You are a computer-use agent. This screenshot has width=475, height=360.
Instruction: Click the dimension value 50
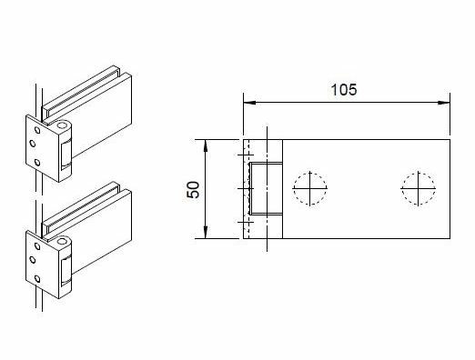[x=192, y=189]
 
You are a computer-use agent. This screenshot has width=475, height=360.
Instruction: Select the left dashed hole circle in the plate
[x=309, y=188]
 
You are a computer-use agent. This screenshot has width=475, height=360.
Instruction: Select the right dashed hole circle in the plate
[x=418, y=188]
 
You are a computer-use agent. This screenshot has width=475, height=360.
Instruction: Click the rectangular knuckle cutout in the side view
[x=266, y=189]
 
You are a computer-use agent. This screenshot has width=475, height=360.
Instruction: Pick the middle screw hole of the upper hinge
[x=33, y=144]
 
